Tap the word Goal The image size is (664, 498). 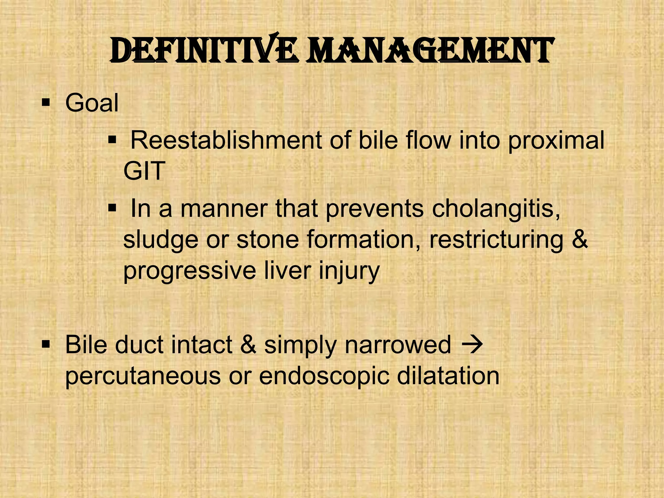pos(92,103)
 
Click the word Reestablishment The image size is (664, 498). pos(226,140)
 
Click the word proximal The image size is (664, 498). pos(556,141)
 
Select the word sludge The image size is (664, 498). pos(160,240)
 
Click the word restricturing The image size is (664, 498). pos(496,240)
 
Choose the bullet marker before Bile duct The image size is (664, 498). pos(46,344)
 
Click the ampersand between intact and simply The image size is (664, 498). pos(248,345)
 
